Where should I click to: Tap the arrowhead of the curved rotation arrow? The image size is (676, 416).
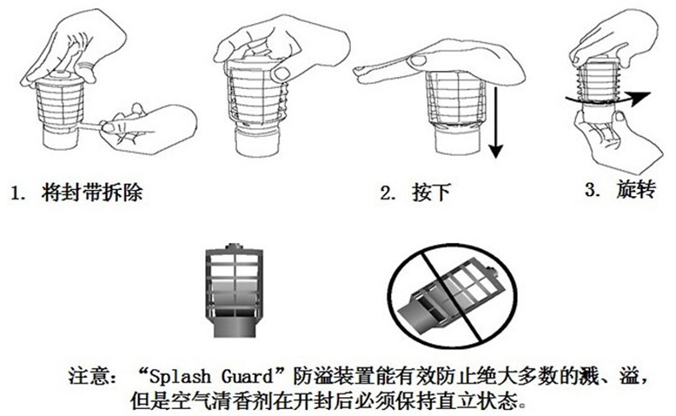(x=639, y=98)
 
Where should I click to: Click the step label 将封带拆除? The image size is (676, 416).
(x=92, y=192)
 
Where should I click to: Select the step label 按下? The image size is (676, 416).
(x=431, y=193)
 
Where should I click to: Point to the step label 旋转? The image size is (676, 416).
(x=636, y=189)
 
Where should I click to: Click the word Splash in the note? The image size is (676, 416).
(x=181, y=377)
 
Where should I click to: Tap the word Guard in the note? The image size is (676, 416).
(x=247, y=376)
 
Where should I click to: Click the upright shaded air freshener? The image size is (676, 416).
(x=233, y=290)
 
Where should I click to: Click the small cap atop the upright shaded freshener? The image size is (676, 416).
(x=234, y=247)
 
